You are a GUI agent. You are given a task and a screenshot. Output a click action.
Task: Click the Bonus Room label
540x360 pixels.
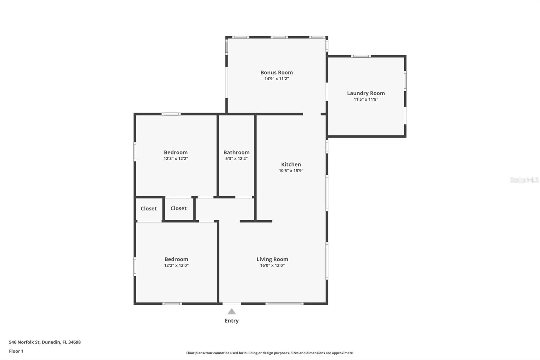(x=276, y=72)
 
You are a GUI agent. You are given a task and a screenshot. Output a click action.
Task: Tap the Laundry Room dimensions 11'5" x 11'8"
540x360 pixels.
(x=366, y=99)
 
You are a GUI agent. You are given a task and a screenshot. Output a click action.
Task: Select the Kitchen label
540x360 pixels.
(x=291, y=164)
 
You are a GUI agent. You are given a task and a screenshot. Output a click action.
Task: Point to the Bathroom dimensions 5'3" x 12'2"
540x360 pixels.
(x=236, y=158)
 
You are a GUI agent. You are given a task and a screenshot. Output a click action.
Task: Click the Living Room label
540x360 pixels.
(x=272, y=259)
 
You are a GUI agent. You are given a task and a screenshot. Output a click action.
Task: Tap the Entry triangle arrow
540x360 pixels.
(x=232, y=312)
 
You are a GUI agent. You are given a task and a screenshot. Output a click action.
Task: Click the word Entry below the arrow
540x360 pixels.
(x=232, y=320)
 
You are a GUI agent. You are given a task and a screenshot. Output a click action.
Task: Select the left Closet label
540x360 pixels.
(x=148, y=208)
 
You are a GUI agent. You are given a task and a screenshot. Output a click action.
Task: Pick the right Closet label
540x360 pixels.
(x=178, y=208)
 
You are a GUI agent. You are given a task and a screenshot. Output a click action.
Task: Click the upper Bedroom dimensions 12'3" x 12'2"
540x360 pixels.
(x=175, y=158)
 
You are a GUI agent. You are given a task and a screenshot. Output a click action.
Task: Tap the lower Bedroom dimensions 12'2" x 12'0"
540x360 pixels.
(x=176, y=265)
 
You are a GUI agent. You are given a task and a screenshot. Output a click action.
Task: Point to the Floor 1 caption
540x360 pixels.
(x=16, y=351)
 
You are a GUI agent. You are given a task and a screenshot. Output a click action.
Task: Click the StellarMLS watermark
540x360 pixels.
(x=524, y=180)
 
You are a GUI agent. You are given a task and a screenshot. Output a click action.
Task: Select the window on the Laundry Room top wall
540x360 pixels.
(x=361, y=56)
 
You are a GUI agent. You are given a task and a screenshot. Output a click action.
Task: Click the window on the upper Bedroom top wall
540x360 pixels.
(x=171, y=114)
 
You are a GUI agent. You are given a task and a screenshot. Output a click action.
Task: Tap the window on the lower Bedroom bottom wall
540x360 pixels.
(x=172, y=304)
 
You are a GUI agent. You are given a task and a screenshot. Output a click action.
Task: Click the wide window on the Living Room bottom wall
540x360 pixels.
(x=284, y=304)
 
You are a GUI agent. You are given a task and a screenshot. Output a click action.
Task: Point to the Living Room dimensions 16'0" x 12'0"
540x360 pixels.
(x=272, y=265)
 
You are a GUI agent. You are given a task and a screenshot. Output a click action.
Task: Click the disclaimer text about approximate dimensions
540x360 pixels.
(x=270, y=353)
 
